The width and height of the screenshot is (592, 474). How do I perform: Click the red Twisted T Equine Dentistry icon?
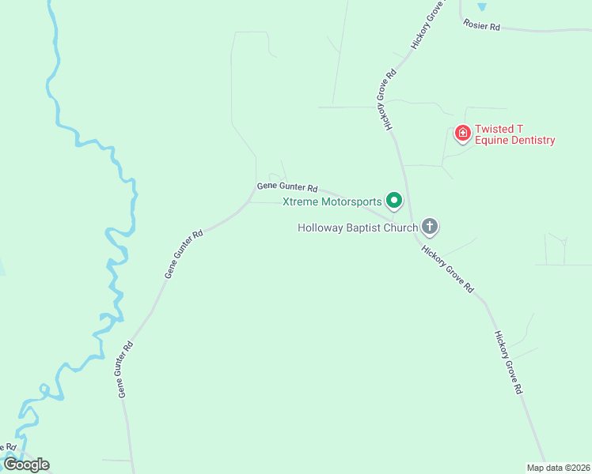(462, 133)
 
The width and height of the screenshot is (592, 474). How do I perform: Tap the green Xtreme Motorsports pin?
(393, 201)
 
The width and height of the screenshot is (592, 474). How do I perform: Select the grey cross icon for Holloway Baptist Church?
(430, 228)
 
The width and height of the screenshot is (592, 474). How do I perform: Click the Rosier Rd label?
(483, 26)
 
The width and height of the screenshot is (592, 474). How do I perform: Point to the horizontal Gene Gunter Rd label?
(287, 188)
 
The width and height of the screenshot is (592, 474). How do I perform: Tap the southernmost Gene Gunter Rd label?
(125, 369)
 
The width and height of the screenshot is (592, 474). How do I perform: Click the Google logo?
(26, 465)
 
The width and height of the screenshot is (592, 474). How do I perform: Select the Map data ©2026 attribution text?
(559, 468)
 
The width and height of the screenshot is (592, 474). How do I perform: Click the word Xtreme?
(301, 201)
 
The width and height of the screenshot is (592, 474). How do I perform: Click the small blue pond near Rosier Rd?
(483, 6)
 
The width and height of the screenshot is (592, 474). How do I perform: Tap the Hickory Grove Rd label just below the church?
(447, 269)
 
